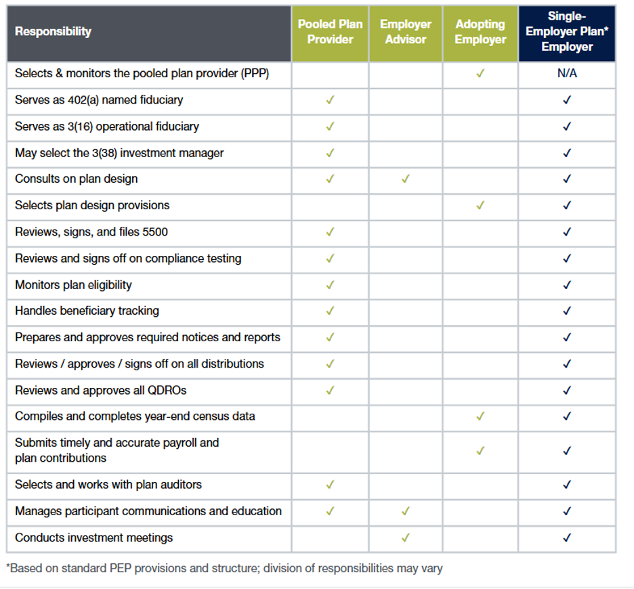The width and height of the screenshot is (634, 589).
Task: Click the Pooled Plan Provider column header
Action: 330,32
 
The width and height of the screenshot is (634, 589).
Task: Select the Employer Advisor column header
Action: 406,32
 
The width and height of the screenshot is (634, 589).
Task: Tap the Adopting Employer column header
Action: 480,32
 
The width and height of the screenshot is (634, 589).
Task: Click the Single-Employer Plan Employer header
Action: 567,32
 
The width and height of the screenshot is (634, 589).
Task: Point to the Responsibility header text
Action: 53,32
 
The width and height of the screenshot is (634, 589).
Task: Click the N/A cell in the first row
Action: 567,73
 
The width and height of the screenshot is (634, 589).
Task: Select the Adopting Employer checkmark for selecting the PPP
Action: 480,73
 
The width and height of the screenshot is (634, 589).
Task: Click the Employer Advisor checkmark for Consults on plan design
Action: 406,179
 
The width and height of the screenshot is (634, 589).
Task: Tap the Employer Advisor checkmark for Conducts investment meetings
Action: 406,538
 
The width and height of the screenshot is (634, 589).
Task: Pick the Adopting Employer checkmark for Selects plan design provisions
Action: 480,205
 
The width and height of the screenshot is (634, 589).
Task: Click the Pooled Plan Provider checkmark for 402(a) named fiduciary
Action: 330,100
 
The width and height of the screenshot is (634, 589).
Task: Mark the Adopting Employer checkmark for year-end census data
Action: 480,416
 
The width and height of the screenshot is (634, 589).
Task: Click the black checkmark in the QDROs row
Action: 567,390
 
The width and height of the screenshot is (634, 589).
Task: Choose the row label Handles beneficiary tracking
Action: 87,311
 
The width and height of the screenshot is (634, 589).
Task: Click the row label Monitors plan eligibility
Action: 73,285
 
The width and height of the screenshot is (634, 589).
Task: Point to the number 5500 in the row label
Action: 155,232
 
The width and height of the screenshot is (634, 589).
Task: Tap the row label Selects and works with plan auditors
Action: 108,484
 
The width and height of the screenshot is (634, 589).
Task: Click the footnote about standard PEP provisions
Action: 224,569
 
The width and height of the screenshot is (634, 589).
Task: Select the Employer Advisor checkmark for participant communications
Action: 406,511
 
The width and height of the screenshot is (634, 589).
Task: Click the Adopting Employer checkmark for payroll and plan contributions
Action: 480,451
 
